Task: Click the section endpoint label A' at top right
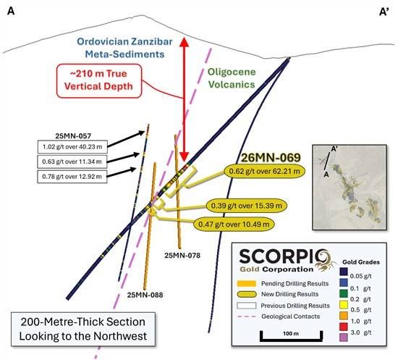384,12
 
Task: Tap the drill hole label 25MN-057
73,136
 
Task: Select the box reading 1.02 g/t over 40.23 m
72,146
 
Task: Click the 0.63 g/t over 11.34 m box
72,162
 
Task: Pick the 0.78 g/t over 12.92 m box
72,176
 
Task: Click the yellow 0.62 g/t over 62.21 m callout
264,171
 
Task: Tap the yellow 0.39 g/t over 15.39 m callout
247,205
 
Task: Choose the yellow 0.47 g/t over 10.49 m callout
234,224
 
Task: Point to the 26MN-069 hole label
271,158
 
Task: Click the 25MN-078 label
182,255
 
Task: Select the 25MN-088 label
145,295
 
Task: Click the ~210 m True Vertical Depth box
98,81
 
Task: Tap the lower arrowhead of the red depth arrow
185,156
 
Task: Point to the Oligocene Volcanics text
232,78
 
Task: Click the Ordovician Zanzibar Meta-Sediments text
124,48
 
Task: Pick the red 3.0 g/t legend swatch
344,327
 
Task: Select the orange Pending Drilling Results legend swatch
246,283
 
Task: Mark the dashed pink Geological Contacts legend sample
247,317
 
